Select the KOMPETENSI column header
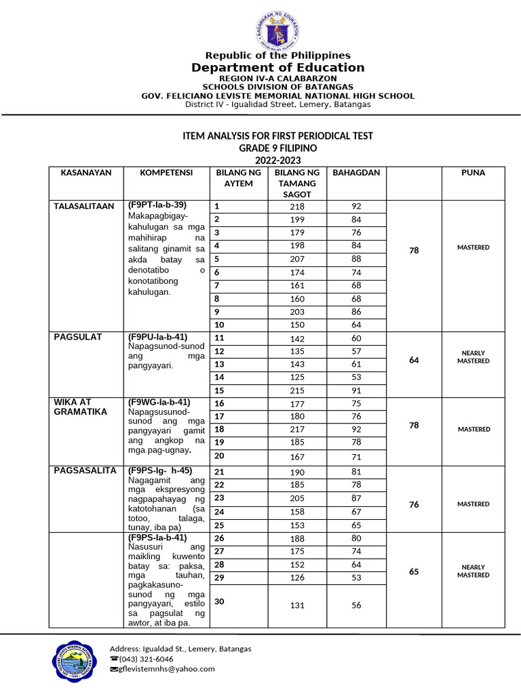coord(166,173)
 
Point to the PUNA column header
coord(473,173)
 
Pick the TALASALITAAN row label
coord(85,205)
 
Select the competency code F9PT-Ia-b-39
coord(157,205)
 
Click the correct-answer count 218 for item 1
coord(297,207)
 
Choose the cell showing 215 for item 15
coord(297,390)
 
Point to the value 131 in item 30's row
coord(297,606)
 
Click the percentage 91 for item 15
coord(356,390)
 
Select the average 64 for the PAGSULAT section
coord(414,361)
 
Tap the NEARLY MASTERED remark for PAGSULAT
coord(473,357)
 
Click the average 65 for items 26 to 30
coord(414,571)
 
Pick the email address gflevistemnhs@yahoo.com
coord(166,669)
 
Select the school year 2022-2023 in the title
coord(277,159)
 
